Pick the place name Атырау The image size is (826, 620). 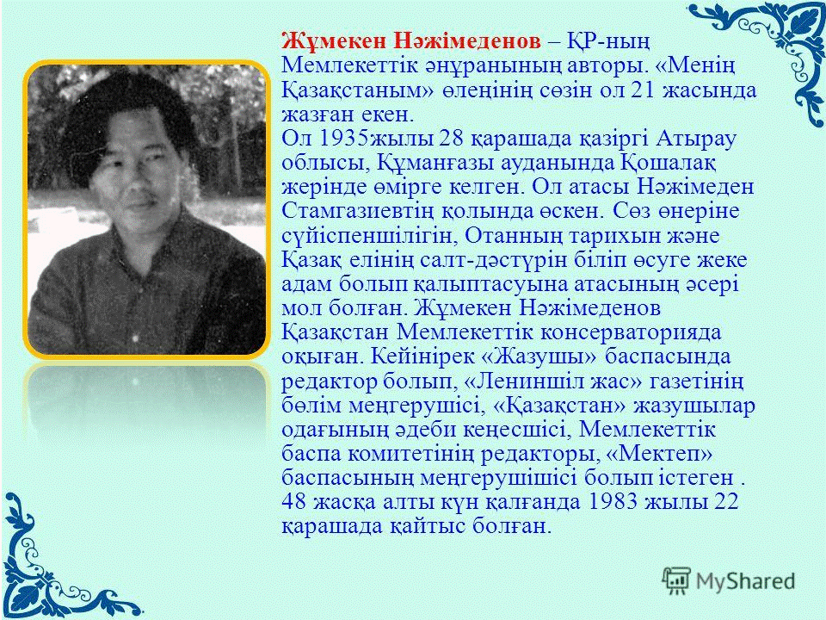[x=695, y=139]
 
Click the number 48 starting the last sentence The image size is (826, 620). [x=294, y=501]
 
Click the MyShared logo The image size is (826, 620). [x=729, y=580]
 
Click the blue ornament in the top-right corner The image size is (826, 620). [x=770, y=53]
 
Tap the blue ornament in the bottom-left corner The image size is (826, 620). [x=52, y=563]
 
